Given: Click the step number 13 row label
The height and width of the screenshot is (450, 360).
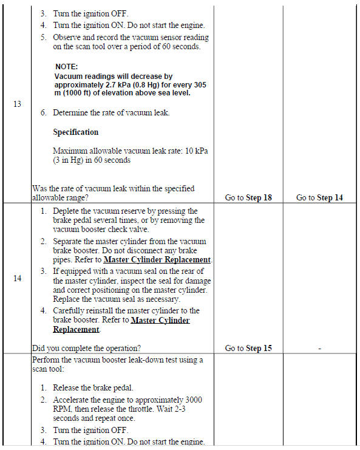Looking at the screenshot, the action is click(17, 104).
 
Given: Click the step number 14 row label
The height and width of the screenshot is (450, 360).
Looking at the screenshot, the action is click(17, 278).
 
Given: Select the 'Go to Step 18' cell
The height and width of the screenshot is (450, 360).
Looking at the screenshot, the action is click(248, 197).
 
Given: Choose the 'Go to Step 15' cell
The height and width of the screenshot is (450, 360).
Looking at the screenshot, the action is click(248, 348).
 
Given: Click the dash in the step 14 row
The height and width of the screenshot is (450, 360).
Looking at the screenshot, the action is click(319, 349).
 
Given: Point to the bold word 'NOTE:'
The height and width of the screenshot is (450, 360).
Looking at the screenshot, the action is click(67, 66).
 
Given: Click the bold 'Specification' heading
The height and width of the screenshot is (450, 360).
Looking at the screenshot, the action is click(75, 132).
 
